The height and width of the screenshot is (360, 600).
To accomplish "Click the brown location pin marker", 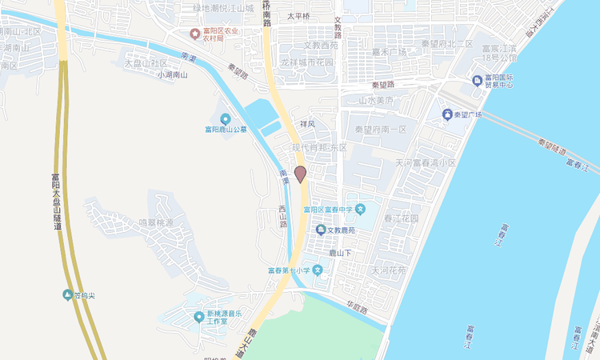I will (x=301, y=174).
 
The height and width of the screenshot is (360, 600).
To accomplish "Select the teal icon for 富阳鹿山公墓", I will (x=226, y=118).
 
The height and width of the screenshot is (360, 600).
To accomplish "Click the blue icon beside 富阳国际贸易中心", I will (x=478, y=80).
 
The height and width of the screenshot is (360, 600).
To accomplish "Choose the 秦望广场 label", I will (x=468, y=115).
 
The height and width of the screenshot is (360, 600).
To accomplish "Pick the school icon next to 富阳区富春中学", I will (x=361, y=210).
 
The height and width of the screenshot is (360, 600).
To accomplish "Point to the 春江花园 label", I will (x=402, y=218).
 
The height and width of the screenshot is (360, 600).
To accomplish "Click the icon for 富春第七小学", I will (x=318, y=270).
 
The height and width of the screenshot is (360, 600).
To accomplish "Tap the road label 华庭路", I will (x=356, y=308).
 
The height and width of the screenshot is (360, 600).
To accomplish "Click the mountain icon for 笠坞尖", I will (x=67, y=295).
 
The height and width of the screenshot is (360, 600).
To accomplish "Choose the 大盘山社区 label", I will (x=145, y=62).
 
